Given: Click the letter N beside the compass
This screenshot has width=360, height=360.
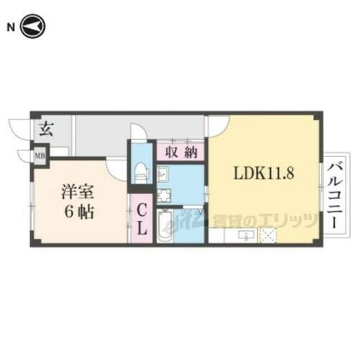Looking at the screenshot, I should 11,27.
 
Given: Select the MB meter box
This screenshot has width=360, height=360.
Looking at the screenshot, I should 40,153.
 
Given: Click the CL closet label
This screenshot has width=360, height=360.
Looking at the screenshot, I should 142,219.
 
